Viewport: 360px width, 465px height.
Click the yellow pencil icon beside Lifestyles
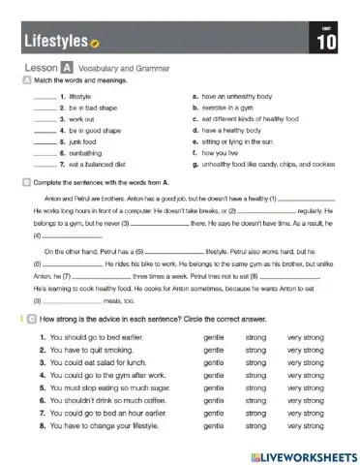95,44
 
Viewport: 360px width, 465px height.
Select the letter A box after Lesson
66,68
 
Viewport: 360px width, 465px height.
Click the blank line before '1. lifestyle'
45,98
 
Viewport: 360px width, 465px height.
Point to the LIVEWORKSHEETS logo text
301,453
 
